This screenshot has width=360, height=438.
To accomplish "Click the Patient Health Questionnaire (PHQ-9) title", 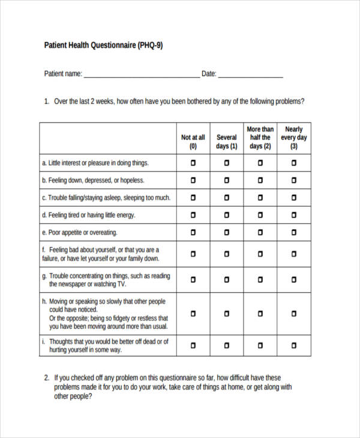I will [x=104, y=45].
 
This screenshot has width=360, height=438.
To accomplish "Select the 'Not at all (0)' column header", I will [x=193, y=142].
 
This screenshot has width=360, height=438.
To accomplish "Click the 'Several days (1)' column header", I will [x=227, y=142].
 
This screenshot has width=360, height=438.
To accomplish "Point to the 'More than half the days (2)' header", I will [x=260, y=137].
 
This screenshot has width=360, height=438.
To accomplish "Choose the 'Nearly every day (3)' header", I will [x=294, y=137].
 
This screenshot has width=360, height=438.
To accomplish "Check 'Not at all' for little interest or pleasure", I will [x=193, y=163].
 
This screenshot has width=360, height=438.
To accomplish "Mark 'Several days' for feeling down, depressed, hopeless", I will [x=227, y=180].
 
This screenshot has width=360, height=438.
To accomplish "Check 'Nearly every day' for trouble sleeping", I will [x=294, y=197].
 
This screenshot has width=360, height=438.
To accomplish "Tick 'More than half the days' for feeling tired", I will [x=260, y=215].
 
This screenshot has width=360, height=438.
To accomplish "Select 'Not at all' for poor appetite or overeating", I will [x=193, y=232].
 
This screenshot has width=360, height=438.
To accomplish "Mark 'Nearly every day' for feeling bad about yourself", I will [x=294, y=254].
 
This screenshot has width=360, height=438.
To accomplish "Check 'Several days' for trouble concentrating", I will [x=227, y=280].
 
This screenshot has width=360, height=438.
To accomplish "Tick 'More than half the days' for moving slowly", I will [x=260, y=313].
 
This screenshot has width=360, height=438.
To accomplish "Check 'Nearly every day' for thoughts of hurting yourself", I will [x=294, y=345].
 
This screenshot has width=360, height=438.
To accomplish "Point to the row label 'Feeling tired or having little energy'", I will [x=88, y=215].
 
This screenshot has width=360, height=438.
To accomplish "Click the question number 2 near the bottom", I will [x=47, y=378].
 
